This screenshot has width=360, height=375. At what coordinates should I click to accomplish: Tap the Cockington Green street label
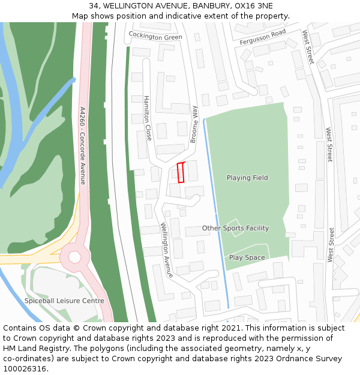tap(155, 37)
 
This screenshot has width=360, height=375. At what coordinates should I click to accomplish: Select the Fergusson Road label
tap(263, 37)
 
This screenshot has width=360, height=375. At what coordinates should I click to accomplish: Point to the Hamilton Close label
tap(147, 118)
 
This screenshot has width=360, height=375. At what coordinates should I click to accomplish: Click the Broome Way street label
tap(194, 124)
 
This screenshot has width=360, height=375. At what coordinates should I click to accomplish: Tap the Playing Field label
tap(247, 178)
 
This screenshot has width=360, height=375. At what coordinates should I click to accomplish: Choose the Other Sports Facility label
tap(235, 228)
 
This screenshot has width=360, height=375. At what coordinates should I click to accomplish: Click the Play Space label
tap(247, 257)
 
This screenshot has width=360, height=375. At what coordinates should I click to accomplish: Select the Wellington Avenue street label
tap(166, 250)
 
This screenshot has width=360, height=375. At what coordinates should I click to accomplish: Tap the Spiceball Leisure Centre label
tap(64, 301)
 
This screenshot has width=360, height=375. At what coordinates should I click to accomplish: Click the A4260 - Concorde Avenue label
tap(83, 146)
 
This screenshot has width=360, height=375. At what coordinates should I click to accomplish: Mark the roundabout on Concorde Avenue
tap(74, 257)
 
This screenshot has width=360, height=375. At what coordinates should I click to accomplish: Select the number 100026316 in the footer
tap(25, 368)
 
